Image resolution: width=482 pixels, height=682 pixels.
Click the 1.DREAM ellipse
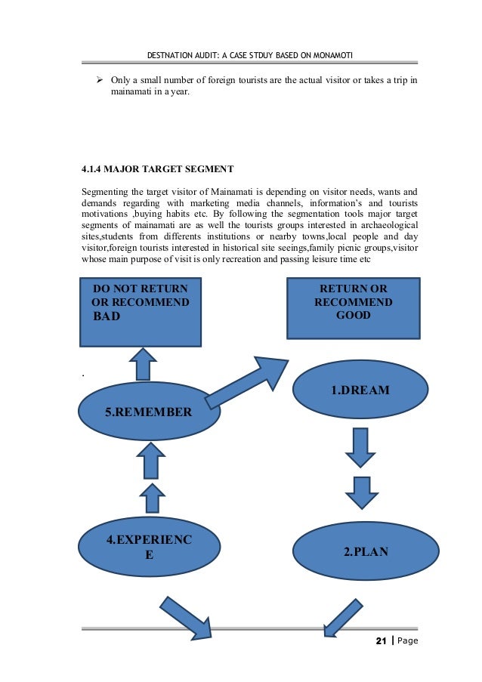tap(360, 390)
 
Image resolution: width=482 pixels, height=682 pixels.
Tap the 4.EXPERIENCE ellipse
tap(150, 548)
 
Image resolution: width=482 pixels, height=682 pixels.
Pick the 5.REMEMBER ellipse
tap(148, 412)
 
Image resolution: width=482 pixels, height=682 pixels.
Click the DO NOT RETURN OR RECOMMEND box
tap(141, 312)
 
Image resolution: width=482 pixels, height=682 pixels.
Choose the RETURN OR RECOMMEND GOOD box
tap(353, 307)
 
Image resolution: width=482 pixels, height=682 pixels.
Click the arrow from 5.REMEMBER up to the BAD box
tap(141, 365)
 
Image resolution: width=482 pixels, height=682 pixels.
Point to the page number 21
tap(380, 641)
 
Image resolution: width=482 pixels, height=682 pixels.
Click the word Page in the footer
tap(405, 641)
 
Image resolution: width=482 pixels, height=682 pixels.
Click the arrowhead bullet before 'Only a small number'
tap(98, 79)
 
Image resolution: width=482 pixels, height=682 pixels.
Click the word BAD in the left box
tap(107, 316)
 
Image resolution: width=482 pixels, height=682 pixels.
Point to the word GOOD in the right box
tap(353, 315)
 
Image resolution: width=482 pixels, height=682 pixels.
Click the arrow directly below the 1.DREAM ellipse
tap(360, 446)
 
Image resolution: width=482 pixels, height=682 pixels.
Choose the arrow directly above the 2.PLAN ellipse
tap(360, 491)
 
